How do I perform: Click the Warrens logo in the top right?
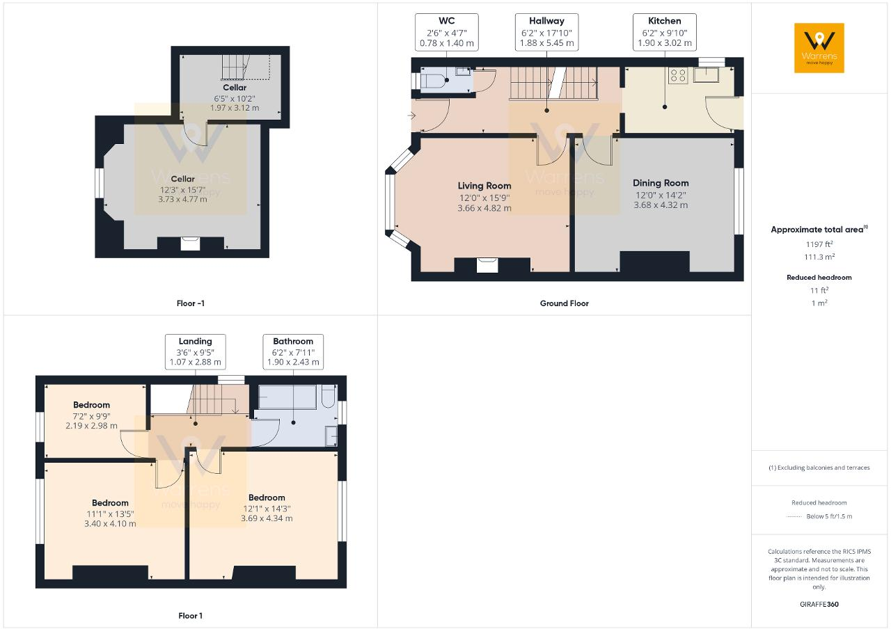pos(819,48)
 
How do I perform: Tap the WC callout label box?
pos(446,32)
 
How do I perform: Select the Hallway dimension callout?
pos(546,32)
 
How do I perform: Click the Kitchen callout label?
pos(665,32)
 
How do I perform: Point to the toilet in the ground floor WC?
pos(433,82)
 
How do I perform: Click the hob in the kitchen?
pos(677,75)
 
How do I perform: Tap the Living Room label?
pos(484,197)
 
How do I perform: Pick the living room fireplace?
pos(487,264)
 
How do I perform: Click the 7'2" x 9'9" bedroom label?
pos(91,415)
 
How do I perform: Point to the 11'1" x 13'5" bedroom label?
pos(110,513)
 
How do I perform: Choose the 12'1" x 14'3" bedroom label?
pos(267,508)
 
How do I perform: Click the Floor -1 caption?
pos(190,303)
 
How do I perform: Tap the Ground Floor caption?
pos(564,303)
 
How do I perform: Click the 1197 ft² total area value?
pos(819,244)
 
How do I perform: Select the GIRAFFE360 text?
pos(819,604)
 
